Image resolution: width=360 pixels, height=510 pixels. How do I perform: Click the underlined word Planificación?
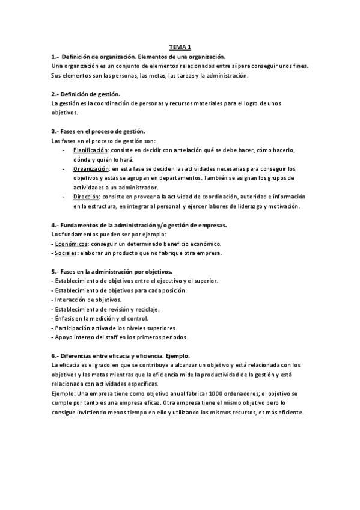90,149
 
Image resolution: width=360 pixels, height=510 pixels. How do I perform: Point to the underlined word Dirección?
86,197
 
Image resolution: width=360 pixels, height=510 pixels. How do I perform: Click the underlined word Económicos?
71,244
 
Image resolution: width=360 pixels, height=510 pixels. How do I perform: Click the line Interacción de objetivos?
88,300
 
